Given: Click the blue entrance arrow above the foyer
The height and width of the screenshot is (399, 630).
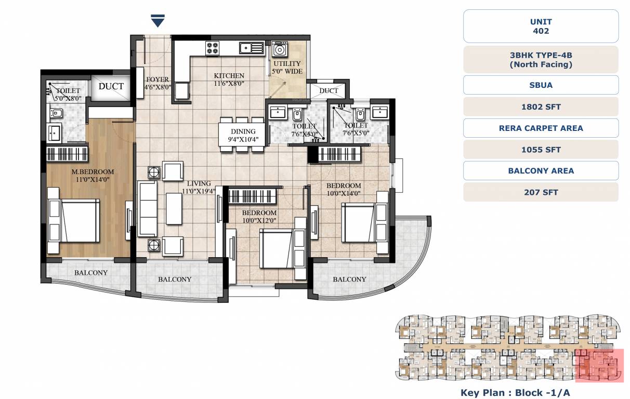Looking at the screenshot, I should pos(157,21).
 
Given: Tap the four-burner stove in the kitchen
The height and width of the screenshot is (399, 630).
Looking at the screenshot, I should pos(212,48).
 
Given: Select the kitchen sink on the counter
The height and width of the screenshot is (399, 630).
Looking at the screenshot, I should pos(252,48).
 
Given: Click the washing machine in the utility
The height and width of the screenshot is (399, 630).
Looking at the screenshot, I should pos(280,50).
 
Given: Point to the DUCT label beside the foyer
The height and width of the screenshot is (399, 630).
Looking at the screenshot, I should pos(111,86).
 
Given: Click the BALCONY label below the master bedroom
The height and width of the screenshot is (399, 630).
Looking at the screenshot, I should pos(90,273).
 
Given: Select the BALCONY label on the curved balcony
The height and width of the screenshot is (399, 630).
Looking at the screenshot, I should pos(349,279).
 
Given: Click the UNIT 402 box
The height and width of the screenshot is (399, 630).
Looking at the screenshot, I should pos(541,26).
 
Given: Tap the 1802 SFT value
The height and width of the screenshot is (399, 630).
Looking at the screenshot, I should pos(541,107).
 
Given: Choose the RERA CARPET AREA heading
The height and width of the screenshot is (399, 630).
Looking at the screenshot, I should pos(541,128).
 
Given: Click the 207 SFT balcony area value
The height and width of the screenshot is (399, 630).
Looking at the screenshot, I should pos(541,192).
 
